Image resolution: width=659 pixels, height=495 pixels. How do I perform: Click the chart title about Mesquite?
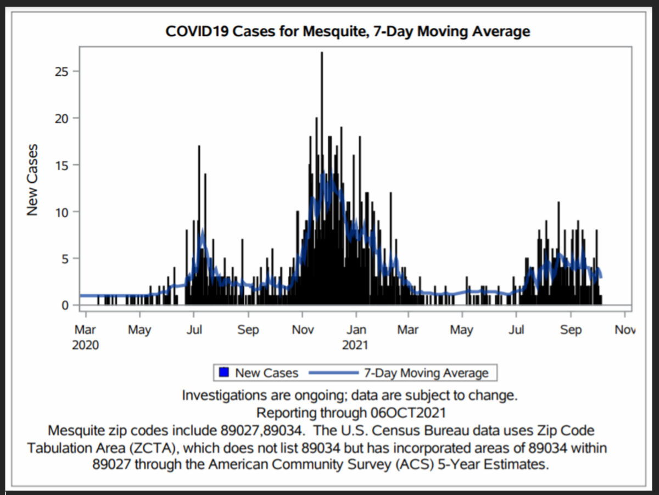tap(348, 31)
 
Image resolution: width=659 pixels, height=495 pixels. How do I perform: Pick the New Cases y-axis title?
tap(33, 179)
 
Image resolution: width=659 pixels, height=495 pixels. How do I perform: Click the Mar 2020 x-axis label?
tap(85, 337)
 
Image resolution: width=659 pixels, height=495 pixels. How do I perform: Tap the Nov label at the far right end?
tap(624, 330)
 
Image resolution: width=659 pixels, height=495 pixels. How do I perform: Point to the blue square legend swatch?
tap(224, 373)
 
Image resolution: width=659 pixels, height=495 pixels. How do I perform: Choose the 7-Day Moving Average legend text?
tap(426, 373)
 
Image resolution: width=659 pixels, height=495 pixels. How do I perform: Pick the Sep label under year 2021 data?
tap(570, 330)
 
